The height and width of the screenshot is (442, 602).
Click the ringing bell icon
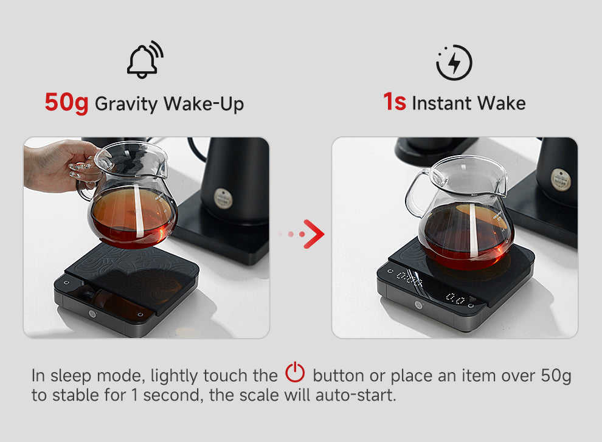145,60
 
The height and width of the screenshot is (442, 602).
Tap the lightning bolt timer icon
454,62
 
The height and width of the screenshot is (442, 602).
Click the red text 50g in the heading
66,103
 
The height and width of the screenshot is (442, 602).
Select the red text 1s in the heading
394,102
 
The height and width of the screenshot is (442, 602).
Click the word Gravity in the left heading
126,104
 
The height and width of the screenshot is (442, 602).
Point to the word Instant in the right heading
441,103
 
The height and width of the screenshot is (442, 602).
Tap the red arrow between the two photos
313,234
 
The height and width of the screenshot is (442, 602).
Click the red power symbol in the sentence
295,371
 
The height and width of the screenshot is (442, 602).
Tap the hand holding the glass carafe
61,165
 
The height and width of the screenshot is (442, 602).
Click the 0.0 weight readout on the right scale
455,298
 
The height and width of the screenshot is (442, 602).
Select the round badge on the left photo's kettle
223,199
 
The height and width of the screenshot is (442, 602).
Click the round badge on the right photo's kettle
561,180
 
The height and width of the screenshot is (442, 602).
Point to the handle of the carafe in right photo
416,194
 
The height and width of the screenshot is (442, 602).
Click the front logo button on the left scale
92,314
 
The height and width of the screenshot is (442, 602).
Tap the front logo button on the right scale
418,305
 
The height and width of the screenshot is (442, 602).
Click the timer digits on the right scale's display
409,278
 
